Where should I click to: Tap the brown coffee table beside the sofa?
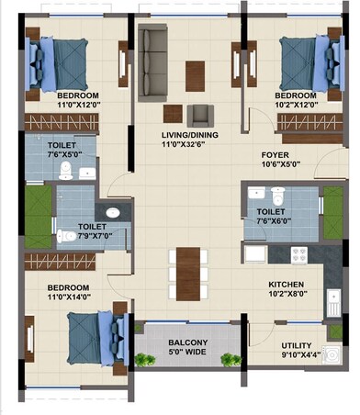click(x=194, y=73)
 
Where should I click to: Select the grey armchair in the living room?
click(x=199, y=115)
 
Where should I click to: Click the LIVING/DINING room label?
click(x=187, y=133)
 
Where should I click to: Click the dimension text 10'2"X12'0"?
click(x=296, y=106)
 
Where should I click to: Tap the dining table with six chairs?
click(x=186, y=272)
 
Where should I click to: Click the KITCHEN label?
click(x=286, y=285)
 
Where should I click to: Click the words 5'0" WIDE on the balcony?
click(x=187, y=351)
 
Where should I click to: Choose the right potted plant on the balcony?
click(x=233, y=359)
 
